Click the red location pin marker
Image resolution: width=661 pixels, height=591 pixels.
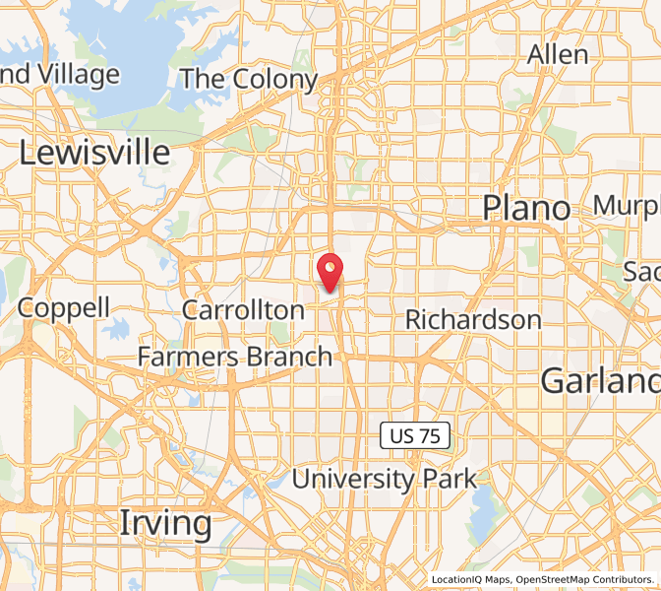point(330,270)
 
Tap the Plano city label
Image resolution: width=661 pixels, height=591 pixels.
point(526,208)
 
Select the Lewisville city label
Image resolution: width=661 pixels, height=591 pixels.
point(94,153)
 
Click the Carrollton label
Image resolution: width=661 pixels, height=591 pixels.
point(244,310)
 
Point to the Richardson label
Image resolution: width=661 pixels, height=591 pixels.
point(473,320)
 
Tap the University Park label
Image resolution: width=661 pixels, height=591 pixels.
point(385,480)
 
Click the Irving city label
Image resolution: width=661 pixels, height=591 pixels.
point(165,523)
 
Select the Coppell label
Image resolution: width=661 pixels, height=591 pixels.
point(64,307)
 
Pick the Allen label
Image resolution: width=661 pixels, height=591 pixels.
point(558,55)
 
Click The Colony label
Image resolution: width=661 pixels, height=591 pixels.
point(249,80)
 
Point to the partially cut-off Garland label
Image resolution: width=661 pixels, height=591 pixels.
point(600,380)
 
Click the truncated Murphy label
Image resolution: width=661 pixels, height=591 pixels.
point(627,206)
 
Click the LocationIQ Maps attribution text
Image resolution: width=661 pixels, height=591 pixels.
point(470,580)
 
